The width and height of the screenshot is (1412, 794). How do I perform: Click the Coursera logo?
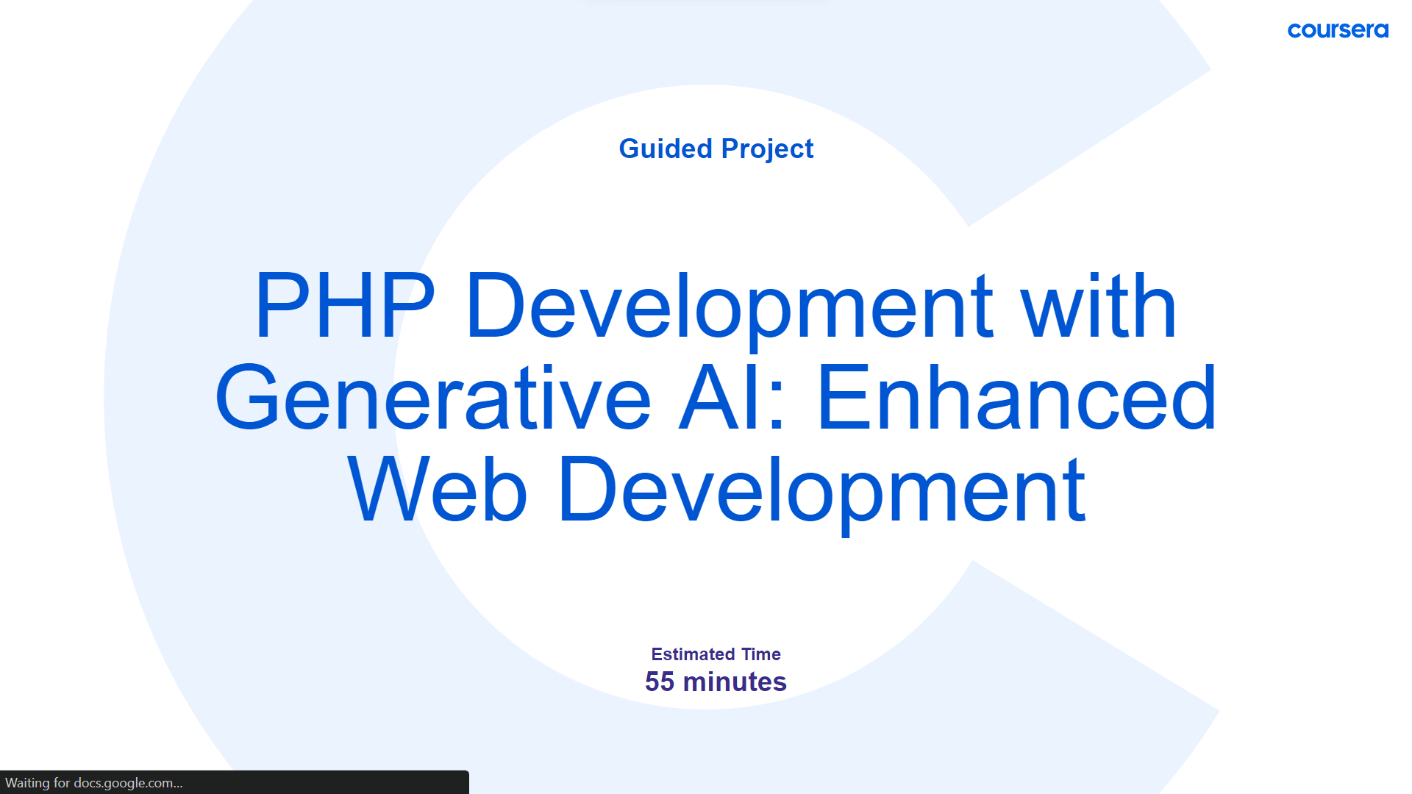point(1338,30)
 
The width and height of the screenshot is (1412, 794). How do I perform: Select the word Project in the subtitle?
point(767,150)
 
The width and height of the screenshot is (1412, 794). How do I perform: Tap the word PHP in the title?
point(345,304)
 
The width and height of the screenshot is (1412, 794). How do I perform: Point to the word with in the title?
point(1099,304)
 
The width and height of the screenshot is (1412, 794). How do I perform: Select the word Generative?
point(433,397)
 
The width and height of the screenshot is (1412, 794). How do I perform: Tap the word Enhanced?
point(1017,397)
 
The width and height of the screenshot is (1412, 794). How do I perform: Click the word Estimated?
point(693,654)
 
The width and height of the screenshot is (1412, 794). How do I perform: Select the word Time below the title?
point(761,654)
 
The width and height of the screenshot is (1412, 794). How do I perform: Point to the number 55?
point(660,682)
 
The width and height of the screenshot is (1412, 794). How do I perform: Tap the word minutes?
point(735,682)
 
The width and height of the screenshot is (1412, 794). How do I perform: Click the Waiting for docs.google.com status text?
point(93,783)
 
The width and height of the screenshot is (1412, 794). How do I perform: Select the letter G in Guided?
point(630,149)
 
